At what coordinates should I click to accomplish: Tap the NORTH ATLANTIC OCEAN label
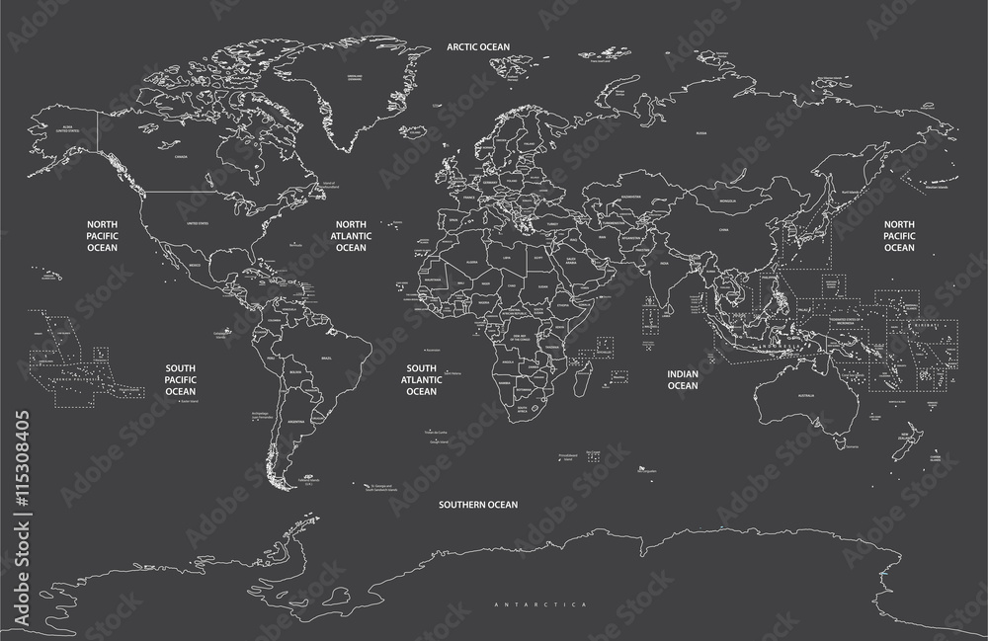coord(352,236)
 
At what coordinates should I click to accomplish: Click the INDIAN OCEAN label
coord(683,380)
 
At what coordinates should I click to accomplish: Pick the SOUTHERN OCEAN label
coord(479,504)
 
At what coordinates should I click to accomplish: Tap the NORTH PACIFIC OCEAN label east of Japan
coord(899,236)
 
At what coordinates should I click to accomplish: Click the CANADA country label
coord(181,157)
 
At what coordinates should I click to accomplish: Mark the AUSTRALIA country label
coord(804,396)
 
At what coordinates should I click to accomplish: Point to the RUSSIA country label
coord(700,132)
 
